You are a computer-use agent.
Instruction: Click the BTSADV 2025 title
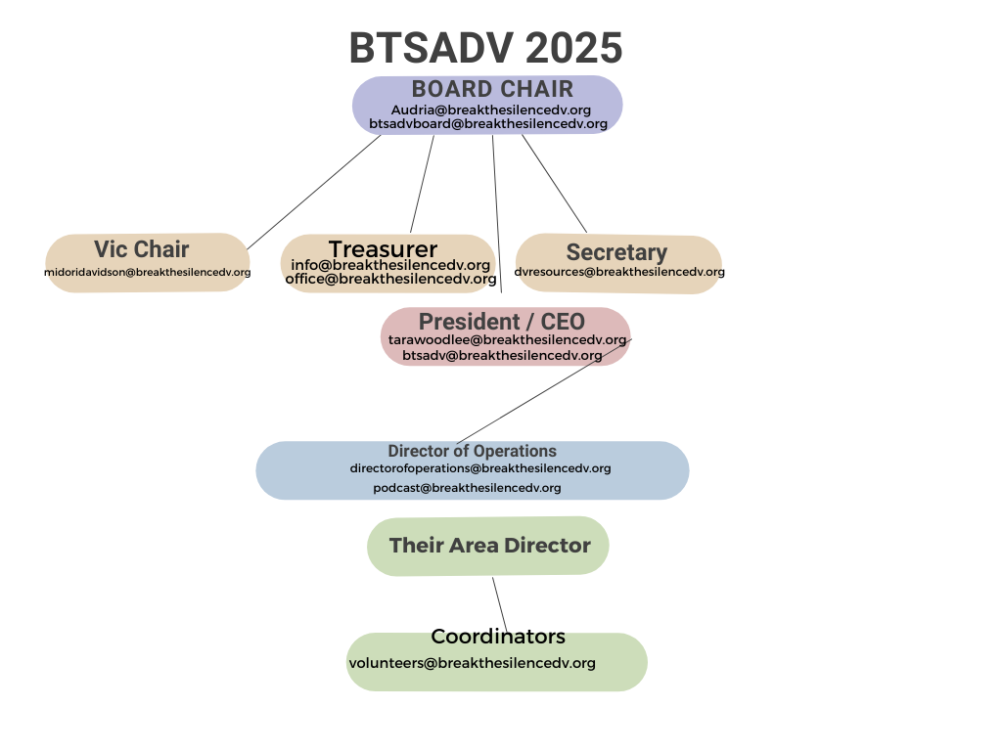tap(485, 48)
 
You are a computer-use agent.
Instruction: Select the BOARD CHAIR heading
tap(492, 89)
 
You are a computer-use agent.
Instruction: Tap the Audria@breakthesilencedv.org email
tap(491, 110)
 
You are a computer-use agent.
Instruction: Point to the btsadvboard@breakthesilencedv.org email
tap(488, 124)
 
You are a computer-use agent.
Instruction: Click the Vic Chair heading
tap(141, 249)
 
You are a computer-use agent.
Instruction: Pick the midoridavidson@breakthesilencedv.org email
tap(147, 272)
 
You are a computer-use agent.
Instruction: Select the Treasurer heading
tap(383, 248)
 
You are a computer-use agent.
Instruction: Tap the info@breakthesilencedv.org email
tap(390, 264)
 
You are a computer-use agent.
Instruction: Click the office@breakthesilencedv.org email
tap(390, 279)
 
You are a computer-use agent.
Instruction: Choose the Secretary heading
tap(616, 252)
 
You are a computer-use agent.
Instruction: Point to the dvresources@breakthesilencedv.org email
tap(619, 272)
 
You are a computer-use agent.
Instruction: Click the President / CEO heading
tap(502, 321)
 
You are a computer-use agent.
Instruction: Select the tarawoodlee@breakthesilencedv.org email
tap(508, 340)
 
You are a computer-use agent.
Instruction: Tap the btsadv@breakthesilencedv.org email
tap(502, 355)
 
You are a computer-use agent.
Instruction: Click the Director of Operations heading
tap(473, 451)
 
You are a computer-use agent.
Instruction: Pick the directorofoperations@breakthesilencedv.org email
tap(479, 468)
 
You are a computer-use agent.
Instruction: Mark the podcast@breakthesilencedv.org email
tap(467, 488)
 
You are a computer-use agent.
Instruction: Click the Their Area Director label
tap(489, 546)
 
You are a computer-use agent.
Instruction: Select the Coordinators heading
tap(498, 636)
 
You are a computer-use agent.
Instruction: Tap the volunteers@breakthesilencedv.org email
tap(473, 663)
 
